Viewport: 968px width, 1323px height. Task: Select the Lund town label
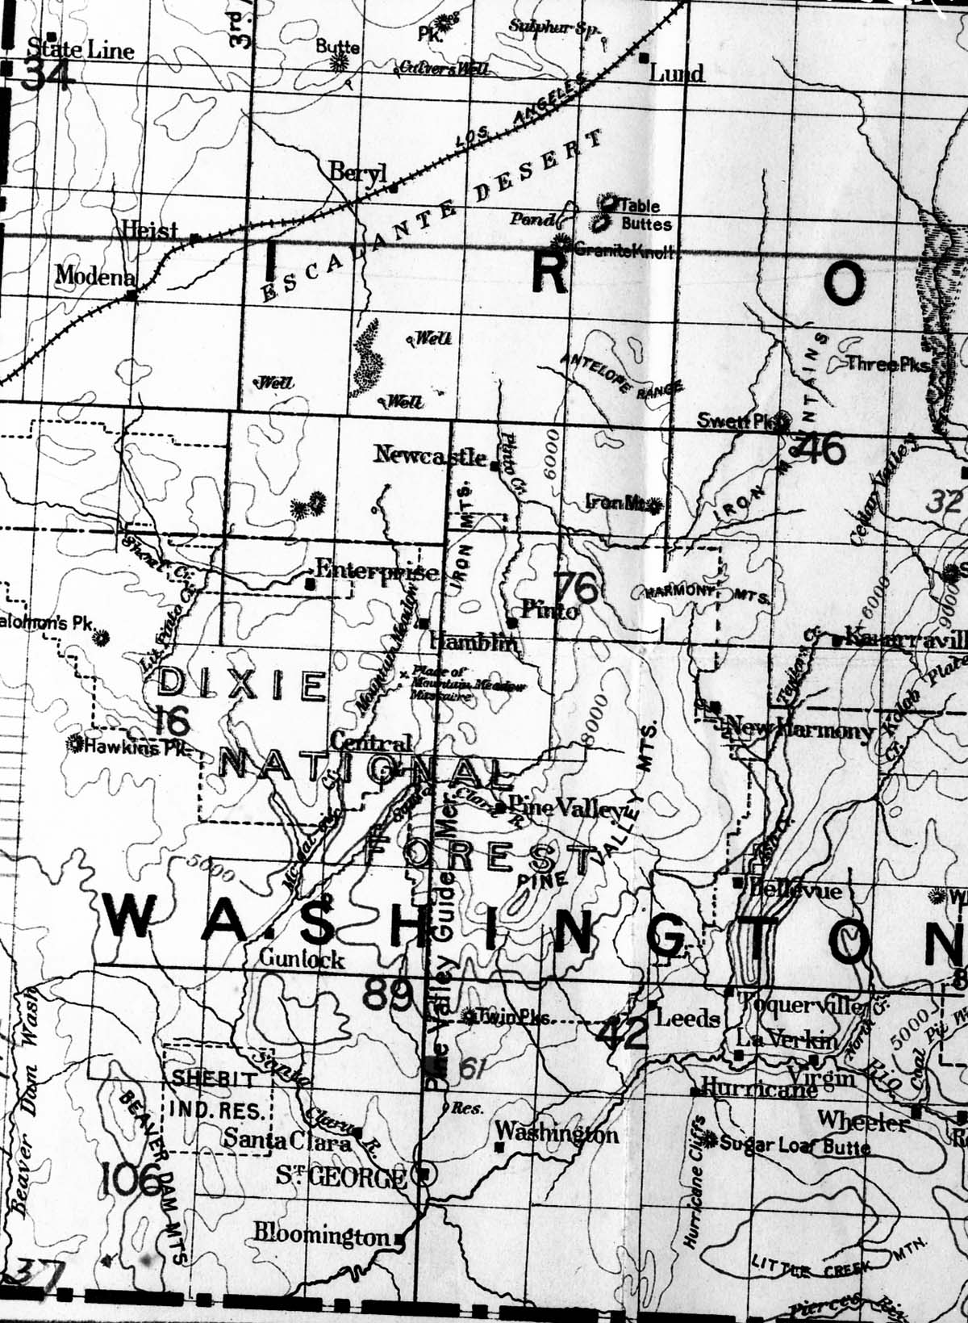click(677, 74)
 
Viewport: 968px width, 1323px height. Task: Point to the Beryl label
click(358, 172)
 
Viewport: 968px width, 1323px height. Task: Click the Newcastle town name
click(431, 455)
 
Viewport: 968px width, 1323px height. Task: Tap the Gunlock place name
click(302, 959)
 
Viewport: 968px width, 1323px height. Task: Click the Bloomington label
click(322, 1235)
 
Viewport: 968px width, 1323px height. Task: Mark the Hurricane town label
click(758, 1087)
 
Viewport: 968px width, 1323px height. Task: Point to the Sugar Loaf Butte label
click(795, 1145)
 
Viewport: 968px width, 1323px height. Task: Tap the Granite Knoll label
click(623, 251)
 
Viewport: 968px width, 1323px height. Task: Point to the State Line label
click(81, 50)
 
